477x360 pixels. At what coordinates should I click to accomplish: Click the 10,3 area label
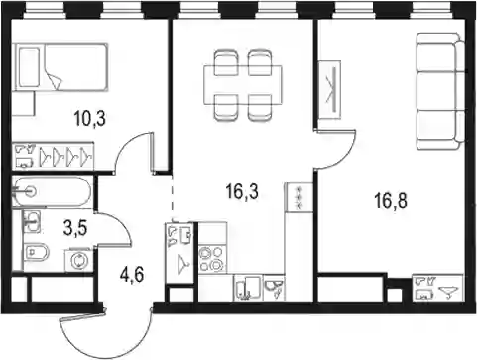tap(90, 119)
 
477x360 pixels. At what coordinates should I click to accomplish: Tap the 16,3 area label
tap(242, 192)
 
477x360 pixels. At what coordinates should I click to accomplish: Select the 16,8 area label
tap(391, 201)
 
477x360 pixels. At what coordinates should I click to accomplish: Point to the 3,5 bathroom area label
tap(75, 229)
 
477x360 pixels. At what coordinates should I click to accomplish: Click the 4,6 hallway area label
tap(132, 275)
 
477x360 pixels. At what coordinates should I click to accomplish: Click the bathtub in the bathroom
tap(52, 192)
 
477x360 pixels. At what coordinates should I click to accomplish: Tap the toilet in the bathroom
tap(37, 253)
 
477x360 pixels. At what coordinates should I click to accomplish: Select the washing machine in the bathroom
tap(79, 260)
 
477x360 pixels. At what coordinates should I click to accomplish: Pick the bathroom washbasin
tap(32, 221)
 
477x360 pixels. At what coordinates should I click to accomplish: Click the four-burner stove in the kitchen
tap(212, 260)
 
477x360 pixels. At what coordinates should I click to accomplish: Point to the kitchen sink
tap(248, 289)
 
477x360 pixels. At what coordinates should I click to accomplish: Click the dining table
tap(243, 85)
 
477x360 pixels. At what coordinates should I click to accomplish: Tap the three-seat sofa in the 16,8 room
tap(440, 91)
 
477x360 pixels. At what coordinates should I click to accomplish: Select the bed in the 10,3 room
tap(60, 66)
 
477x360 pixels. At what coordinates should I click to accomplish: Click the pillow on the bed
tap(29, 67)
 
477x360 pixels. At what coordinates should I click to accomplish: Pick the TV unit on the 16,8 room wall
tap(329, 90)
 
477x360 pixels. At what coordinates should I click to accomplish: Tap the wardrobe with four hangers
tap(53, 156)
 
